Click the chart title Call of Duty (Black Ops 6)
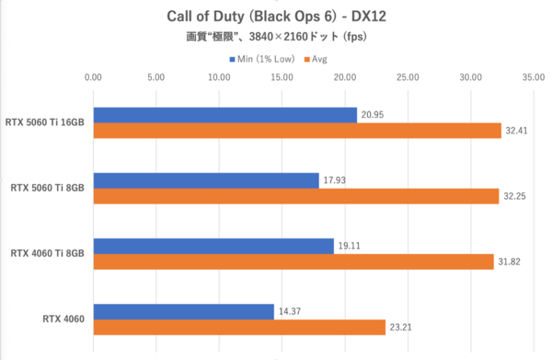click(x=276, y=17)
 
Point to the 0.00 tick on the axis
click(x=93, y=77)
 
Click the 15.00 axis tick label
click(x=282, y=77)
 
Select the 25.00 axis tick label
click(x=408, y=77)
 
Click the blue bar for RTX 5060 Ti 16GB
click(x=224, y=115)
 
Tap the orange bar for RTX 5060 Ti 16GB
click(x=296, y=132)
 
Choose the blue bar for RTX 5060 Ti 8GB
click(x=205, y=180)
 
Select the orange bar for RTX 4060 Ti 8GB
click(x=293, y=261)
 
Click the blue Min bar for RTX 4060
click(x=183, y=311)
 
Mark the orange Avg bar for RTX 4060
click(x=238, y=327)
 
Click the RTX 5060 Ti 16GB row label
click(x=46, y=123)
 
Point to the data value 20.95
click(x=374, y=115)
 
